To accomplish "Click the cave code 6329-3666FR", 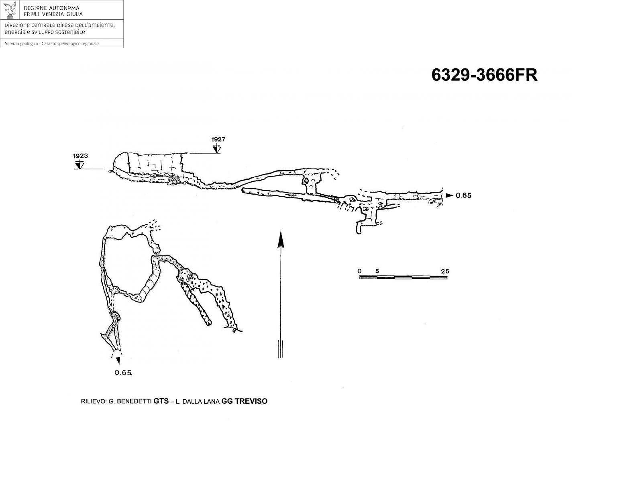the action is [484, 75].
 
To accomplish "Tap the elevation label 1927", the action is [218, 139].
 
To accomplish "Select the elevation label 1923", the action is [80, 156].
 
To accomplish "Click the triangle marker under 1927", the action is [216, 149].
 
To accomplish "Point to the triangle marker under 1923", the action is [79, 165].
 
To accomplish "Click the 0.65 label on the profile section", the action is [463, 195].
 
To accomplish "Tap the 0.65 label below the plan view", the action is [123, 373].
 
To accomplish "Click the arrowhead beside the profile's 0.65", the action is [449, 195].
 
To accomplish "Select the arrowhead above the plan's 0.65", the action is [118, 360].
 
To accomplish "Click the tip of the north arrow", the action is [281, 230].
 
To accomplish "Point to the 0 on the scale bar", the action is [359, 271].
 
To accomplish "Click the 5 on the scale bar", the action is [377, 271].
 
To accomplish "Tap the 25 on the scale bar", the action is [445, 271].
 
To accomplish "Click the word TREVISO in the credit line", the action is [251, 401].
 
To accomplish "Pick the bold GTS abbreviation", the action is [161, 401].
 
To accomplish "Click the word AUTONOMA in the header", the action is [64, 8].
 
